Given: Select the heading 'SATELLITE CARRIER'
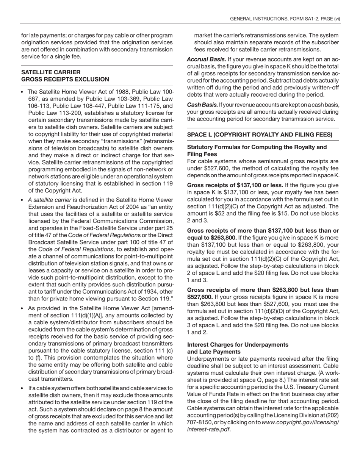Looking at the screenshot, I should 51,72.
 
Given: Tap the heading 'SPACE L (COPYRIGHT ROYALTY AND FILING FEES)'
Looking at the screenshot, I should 260,134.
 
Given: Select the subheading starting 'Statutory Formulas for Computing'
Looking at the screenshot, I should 257,147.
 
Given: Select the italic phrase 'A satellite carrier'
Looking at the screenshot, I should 49,200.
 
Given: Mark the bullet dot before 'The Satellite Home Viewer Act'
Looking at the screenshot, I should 23,92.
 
